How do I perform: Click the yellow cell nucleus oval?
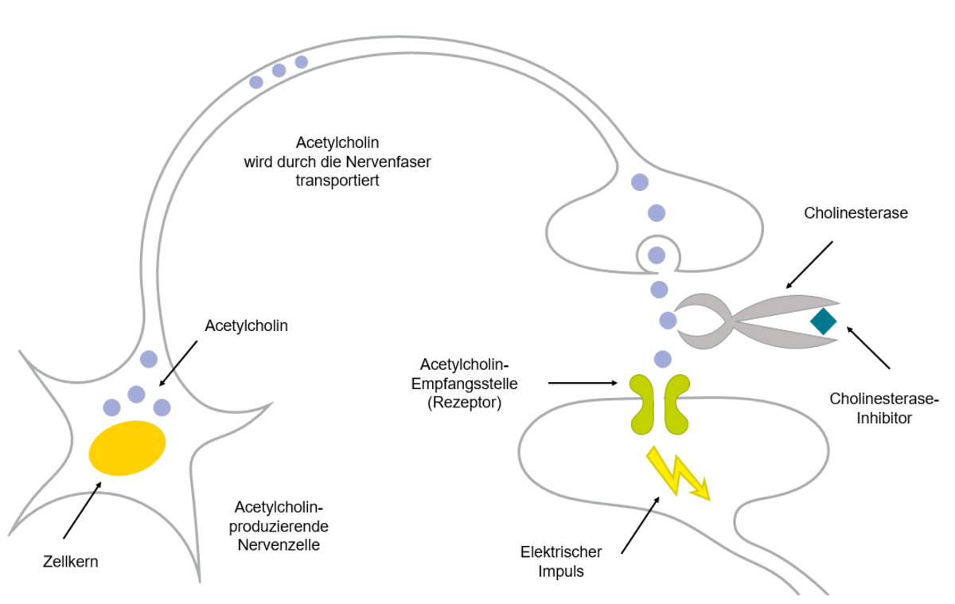pos(127,448)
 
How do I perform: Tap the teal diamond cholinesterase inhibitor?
pos(823,321)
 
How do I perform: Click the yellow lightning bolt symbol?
pos(678,473)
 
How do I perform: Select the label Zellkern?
pos(70,562)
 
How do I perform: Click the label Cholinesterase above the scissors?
pos(856,212)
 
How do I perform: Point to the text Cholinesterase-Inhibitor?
pos(884,408)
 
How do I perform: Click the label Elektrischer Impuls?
pos(560,561)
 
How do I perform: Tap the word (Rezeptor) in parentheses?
pos(464,403)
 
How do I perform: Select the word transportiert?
pos(337,181)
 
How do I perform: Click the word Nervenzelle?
pos(279,545)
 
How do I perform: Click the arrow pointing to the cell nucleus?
pos(82,510)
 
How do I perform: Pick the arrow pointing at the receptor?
pos(583,383)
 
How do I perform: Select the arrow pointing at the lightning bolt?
pos(641,525)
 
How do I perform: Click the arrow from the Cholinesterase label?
pos(809,265)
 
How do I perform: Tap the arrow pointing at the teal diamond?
pos(868,348)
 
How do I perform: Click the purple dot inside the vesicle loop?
pos(657,255)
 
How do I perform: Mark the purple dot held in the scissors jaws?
pos(668,321)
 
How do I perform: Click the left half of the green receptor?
pos(642,404)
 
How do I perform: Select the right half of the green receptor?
pos(677,404)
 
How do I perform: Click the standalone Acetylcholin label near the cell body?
pos(247,325)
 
